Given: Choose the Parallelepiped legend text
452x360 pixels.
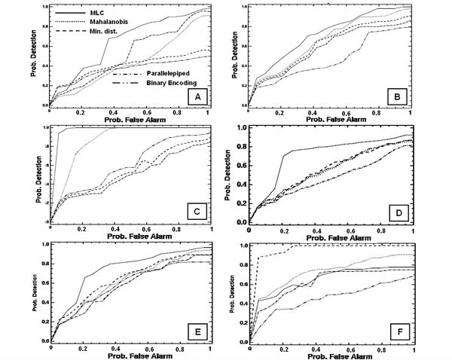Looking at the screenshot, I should coord(154,74).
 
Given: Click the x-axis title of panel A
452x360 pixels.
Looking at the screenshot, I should coord(128,118).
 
